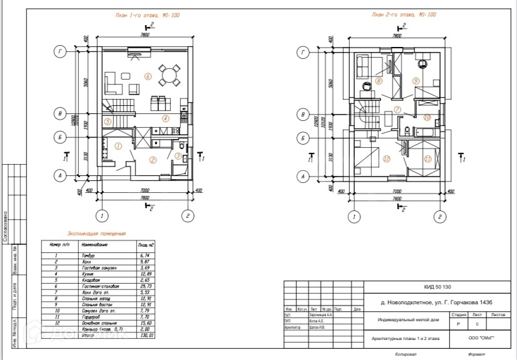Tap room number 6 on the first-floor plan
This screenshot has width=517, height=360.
148,76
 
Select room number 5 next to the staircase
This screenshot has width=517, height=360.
108,121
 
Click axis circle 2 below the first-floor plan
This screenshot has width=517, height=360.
188,217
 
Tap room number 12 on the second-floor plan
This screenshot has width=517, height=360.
387,159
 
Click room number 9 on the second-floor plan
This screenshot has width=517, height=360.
416,81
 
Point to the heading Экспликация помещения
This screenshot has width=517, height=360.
97,233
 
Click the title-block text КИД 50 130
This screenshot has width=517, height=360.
438,287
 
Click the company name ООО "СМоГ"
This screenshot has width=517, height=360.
481,338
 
